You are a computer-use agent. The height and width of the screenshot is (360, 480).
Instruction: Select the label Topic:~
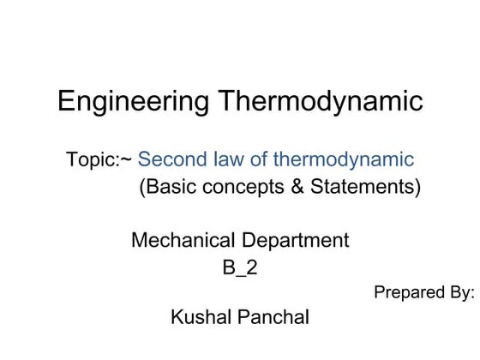pos(99,160)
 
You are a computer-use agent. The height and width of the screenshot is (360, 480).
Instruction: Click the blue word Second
pos(171,160)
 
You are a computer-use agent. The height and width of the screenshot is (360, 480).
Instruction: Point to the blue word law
pos(225,160)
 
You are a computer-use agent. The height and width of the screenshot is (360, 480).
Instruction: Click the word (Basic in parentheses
pos(167,187)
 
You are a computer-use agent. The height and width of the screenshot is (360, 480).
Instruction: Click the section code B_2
pos(240,267)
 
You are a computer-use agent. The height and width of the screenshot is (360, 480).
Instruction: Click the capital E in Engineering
pos(65,102)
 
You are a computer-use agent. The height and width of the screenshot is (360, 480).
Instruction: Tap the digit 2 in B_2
pos(251,267)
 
